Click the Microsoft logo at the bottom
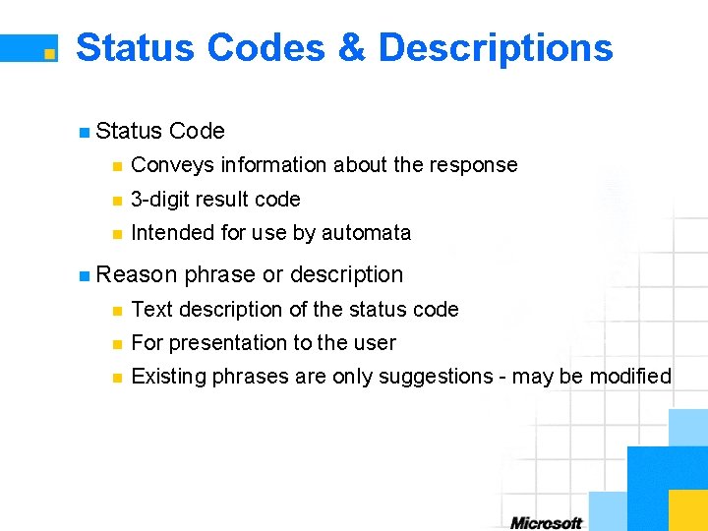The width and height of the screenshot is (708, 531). point(546,522)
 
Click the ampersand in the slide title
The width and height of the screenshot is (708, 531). point(351,47)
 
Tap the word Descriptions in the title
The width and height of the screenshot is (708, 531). point(495,47)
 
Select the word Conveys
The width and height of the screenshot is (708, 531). point(172,165)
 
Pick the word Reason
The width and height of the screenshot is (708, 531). point(137,274)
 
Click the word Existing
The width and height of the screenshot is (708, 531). point(166,377)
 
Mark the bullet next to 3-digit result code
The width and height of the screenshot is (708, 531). point(116,201)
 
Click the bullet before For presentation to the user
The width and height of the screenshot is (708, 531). point(116,344)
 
